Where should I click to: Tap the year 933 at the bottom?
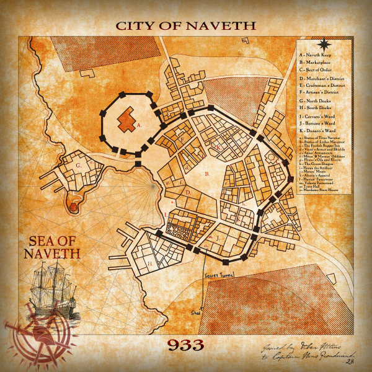click(185, 344)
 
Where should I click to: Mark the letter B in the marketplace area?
click(206, 174)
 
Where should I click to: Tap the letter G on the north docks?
click(79, 166)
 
